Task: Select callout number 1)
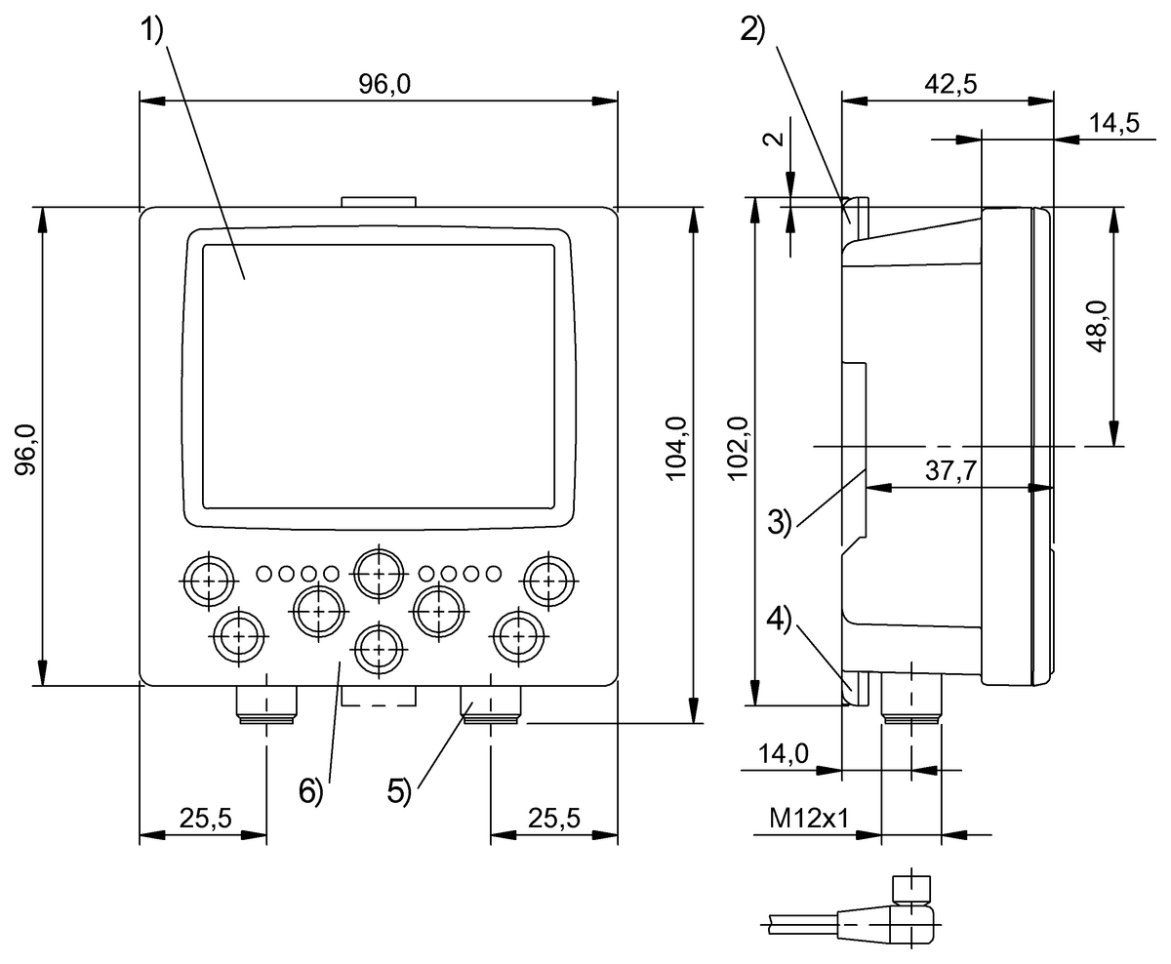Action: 153,32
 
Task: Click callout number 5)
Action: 400,792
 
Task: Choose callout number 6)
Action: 310,792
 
